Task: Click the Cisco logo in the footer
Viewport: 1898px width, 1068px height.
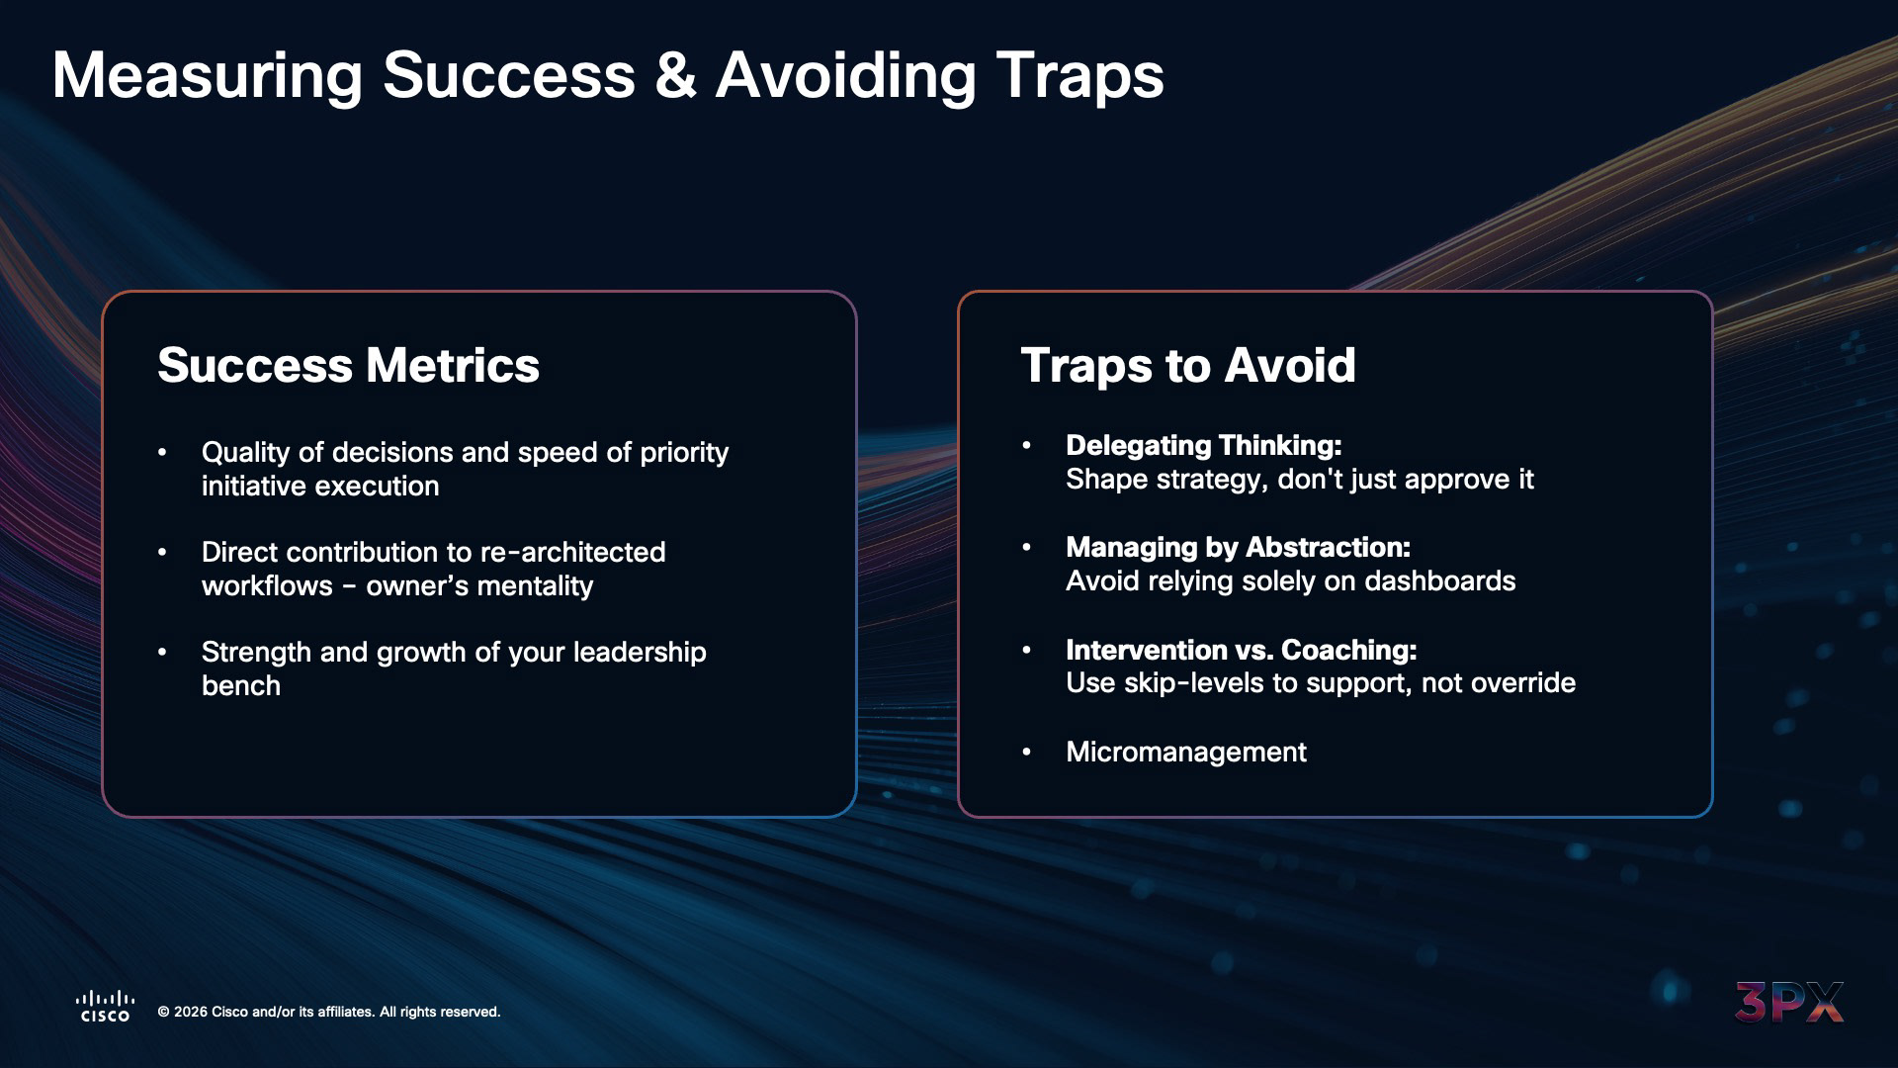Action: [x=105, y=1007]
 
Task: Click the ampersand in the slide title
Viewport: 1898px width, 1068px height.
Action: [x=675, y=75]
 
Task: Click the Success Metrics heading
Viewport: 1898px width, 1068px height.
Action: [x=348, y=365]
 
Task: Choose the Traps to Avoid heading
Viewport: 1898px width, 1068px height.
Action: [x=1187, y=365]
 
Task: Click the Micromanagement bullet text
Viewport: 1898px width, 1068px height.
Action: [x=1186, y=752]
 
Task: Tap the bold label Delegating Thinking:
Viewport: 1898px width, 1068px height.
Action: [x=1203, y=446]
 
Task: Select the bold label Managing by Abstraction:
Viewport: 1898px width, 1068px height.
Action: [x=1238, y=547]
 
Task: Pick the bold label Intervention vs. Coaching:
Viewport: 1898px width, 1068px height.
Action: [x=1241, y=650]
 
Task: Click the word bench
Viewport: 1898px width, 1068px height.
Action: [x=241, y=686]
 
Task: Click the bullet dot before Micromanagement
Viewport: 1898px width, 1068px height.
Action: [x=1026, y=753]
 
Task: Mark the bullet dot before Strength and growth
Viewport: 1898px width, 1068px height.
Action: [x=162, y=653]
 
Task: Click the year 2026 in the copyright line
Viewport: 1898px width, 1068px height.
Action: [x=191, y=1012]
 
